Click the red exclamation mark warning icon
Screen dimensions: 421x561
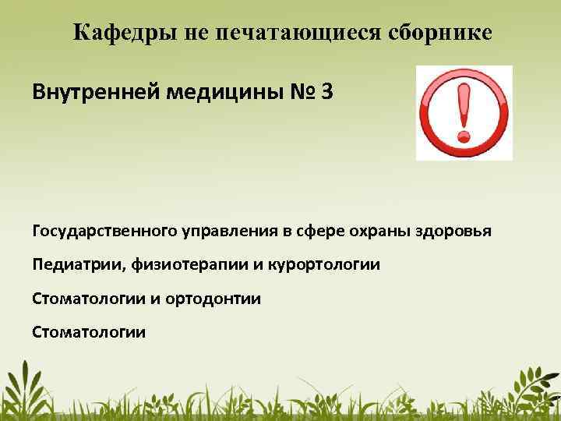pos(464,112)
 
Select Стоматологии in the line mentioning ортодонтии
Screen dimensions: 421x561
pos(89,299)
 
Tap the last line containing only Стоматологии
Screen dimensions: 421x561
pos(89,332)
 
